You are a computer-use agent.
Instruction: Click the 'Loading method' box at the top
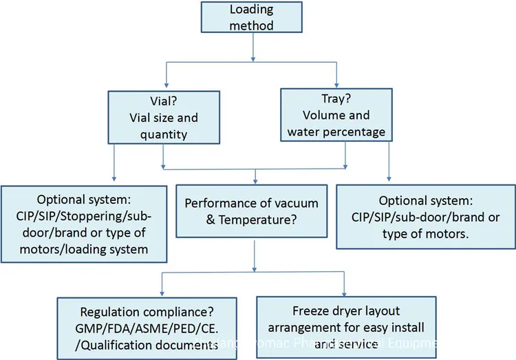point(251,18)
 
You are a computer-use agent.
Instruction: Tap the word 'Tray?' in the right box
point(337,98)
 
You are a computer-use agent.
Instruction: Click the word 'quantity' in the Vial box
point(164,134)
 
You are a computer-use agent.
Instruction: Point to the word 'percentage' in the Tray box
point(357,131)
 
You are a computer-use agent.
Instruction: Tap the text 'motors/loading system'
point(84,248)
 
